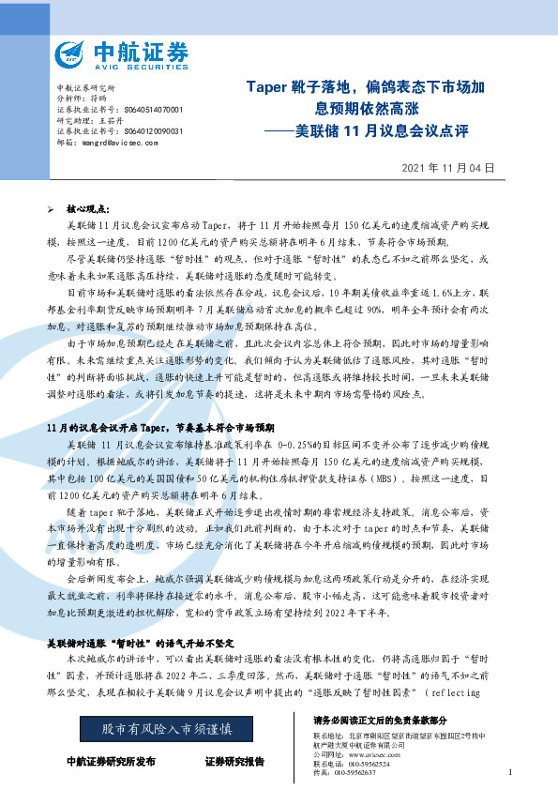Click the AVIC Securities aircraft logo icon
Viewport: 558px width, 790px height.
pyautogui.click(x=72, y=55)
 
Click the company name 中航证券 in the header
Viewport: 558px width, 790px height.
pyautogui.click(x=141, y=50)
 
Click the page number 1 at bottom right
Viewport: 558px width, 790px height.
pyautogui.click(x=508, y=772)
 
